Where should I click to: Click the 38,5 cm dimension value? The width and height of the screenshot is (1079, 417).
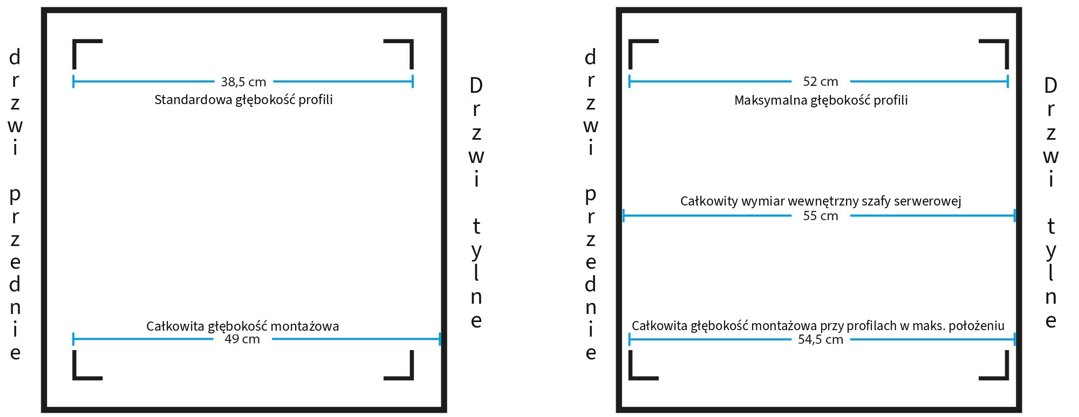click(243, 82)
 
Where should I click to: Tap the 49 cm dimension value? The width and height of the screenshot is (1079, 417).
click(242, 339)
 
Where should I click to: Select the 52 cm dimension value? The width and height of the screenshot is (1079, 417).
click(821, 81)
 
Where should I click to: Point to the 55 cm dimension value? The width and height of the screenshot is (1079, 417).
click(821, 216)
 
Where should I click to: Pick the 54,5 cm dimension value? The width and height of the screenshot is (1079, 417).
click(821, 339)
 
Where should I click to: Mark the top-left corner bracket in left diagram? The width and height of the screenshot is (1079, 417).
click(74, 41)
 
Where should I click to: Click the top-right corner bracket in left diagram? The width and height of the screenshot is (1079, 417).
click(412, 41)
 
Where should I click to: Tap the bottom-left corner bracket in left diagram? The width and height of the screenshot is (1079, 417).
click(74, 378)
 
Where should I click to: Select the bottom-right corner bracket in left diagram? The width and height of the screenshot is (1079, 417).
click(412, 378)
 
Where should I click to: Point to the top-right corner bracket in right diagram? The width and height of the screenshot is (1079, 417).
click(1007, 41)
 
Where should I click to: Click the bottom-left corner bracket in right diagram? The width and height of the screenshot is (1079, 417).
click(630, 378)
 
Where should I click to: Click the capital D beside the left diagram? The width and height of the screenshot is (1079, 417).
click(476, 85)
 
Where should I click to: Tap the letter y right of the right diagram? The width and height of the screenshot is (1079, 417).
click(1051, 251)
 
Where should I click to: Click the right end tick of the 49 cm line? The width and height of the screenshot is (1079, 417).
click(440, 339)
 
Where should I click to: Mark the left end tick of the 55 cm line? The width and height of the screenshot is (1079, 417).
click(624, 216)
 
